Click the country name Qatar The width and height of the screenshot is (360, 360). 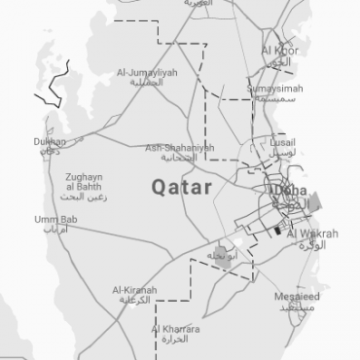click(x=182, y=187)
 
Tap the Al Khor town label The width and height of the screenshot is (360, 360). click(x=279, y=50)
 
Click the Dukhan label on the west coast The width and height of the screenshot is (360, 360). click(x=50, y=141)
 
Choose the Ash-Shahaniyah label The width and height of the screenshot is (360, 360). click(x=178, y=147)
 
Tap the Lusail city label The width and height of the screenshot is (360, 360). click(x=285, y=141)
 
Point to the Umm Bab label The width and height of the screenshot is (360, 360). click(x=54, y=220)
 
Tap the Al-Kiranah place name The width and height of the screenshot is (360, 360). click(x=133, y=290)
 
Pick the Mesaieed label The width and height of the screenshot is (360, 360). click(x=296, y=295)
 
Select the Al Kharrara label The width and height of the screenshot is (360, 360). click(x=174, y=331)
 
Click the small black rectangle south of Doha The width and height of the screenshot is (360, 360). click(x=277, y=232)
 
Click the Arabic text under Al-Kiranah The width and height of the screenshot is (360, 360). click(x=135, y=301)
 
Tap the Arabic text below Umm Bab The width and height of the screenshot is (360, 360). click(x=55, y=231)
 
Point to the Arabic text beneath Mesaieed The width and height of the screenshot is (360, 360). click(x=295, y=306)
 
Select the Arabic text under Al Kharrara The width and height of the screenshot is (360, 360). click(x=176, y=342)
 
